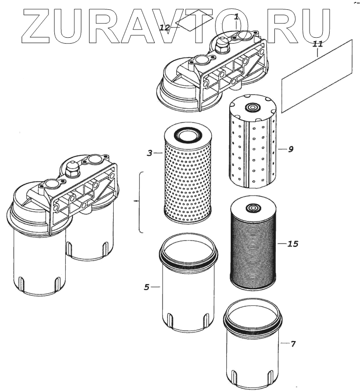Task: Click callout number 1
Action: point(236,17)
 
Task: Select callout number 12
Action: point(165,28)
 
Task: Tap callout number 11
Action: point(318,44)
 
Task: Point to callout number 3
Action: point(150,153)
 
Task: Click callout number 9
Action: point(290,149)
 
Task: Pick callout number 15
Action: point(292,243)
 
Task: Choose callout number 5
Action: point(146,287)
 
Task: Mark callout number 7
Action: point(292,344)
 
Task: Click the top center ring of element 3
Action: point(187,133)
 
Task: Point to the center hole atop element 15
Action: point(253,208)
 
